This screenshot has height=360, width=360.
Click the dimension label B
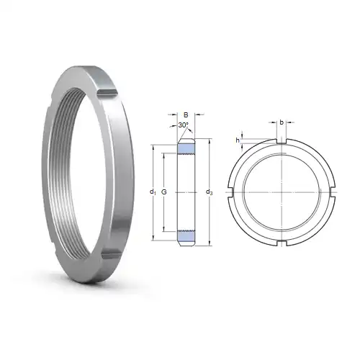click(186, 114)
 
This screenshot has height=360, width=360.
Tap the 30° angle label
click(184, 126)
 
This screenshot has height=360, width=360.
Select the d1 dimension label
click(152, 192)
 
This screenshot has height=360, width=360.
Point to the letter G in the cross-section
click(165, 192)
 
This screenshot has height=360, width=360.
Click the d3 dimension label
click(209, 192)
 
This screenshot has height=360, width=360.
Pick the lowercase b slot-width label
click(281, 123)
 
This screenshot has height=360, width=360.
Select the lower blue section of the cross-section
click(186, 235)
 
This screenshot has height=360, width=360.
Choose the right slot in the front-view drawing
click(333, 192)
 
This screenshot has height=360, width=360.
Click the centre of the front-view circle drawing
click(281, 192)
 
